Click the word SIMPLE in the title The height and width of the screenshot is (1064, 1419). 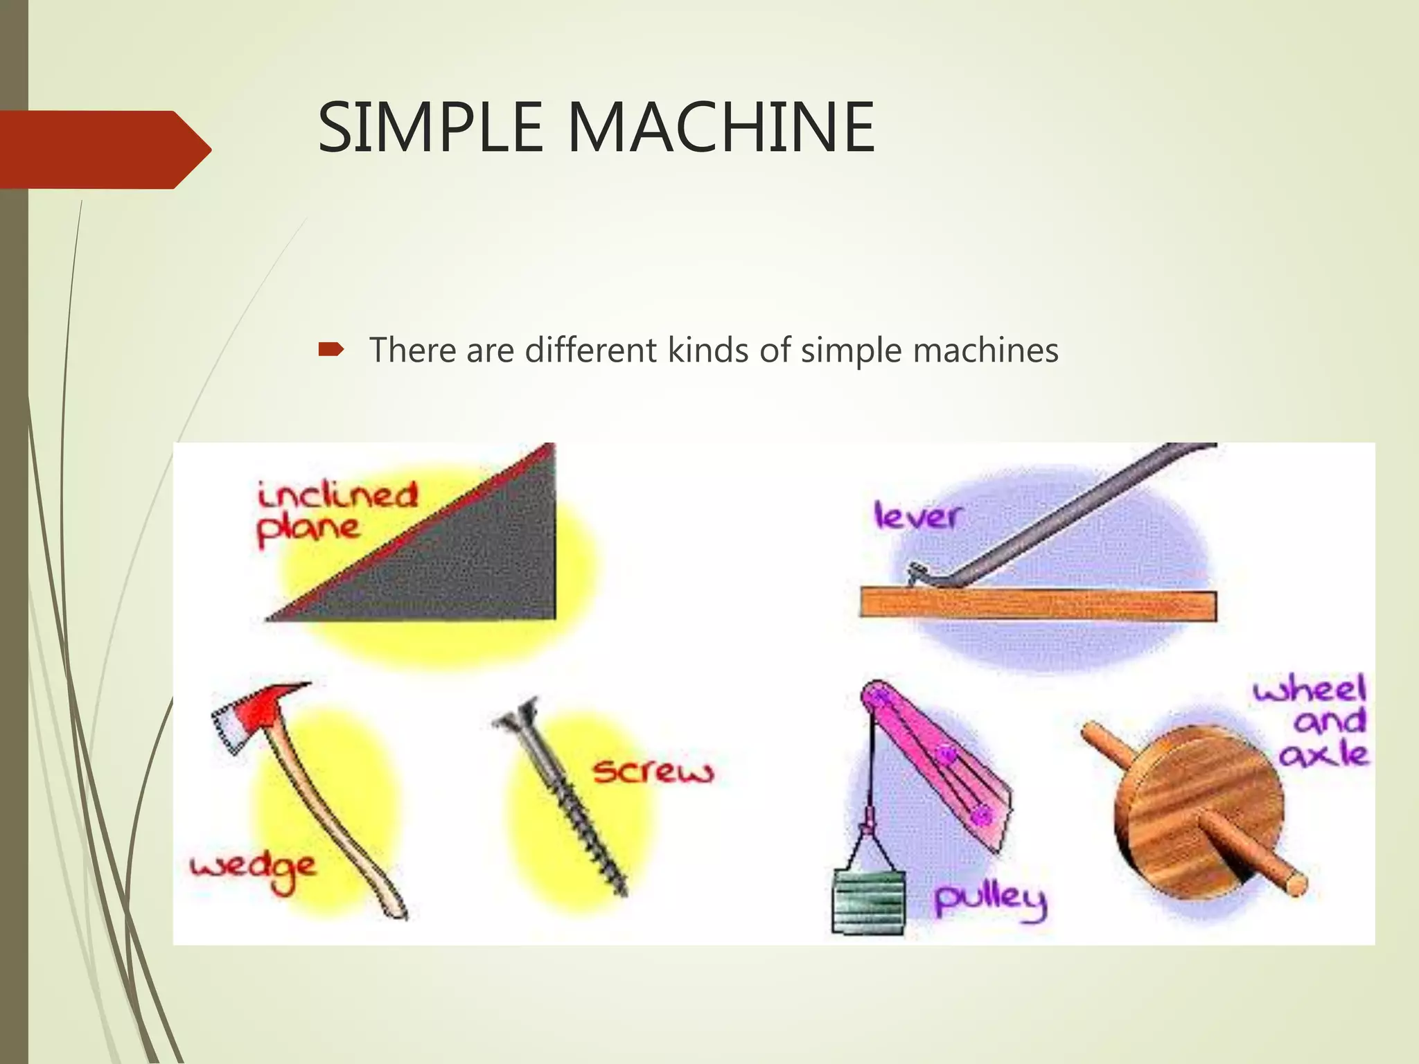click(x=430, y=127)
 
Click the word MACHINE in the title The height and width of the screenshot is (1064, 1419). click(x=721, y=127)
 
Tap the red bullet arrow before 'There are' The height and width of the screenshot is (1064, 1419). click(x=330, y=350)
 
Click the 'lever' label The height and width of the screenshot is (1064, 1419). click(x=917, y=516)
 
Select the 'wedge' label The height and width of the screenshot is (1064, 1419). click(x=252, y=869)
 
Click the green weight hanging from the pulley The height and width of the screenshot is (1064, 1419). click(x=868, y=901)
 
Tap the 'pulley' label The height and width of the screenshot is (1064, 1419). click(x=989, y=901)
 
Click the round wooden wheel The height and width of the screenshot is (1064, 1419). click(x=1199, y=810)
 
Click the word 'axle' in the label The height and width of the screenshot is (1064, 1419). click(x=1323, y=754)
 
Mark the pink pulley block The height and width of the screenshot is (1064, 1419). click(x=935, y=755)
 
